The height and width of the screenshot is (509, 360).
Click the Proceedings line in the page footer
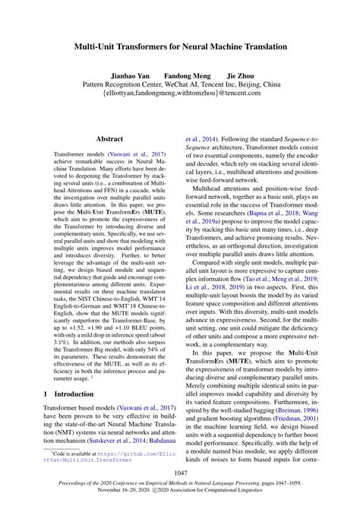tap(180, 485)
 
